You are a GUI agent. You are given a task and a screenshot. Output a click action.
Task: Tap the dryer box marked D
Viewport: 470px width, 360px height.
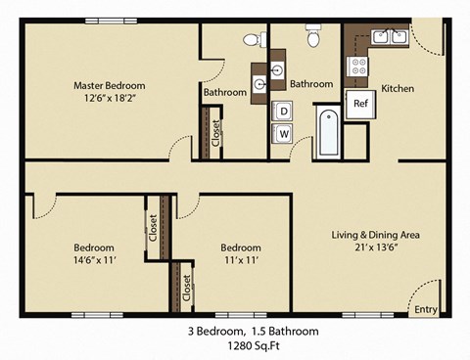283,111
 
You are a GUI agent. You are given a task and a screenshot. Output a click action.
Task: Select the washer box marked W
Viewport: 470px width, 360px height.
283,133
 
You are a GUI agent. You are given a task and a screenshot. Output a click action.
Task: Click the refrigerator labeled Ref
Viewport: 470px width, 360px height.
359,104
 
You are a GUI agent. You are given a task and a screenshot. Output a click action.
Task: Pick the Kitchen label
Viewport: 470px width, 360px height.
398,89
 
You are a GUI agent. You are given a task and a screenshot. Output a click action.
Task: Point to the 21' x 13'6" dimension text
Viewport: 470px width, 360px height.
375,247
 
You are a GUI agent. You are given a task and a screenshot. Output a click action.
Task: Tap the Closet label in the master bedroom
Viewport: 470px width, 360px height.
215,132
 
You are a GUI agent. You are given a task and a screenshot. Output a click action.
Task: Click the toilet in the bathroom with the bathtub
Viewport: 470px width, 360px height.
313,38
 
